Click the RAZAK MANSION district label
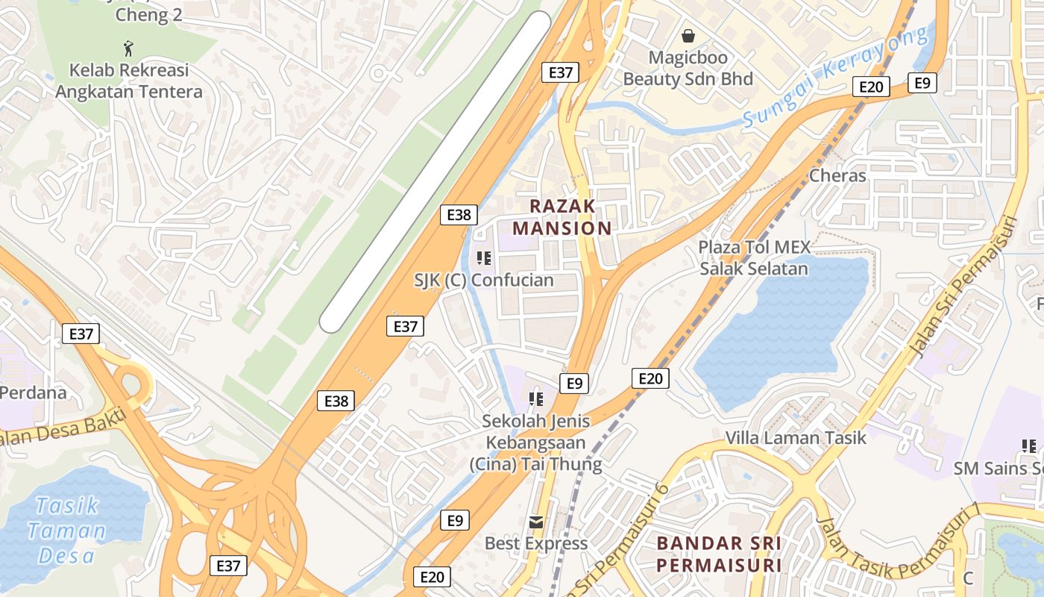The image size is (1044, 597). [x=563, y=216]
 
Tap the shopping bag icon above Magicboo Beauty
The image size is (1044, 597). [x=688, y=35]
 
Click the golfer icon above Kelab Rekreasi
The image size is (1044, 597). [x=129, y=49]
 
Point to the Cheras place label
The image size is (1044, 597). [x=837, y=176]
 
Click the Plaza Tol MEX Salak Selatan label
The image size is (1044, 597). [x=754, y=257]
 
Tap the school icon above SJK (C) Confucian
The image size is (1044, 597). [x=483, y=258]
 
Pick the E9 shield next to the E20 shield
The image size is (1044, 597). [x=922, y=83]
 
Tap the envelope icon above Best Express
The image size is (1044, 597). [x=535, y=522]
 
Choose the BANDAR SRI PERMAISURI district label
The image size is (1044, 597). [x=719, y=554]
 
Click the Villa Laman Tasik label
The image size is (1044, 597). [x=796, y=438]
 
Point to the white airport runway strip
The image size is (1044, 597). [x=436, y=172]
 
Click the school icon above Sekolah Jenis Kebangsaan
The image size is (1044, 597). [x=535, y=399]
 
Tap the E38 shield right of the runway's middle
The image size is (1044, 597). [x=458, y=215]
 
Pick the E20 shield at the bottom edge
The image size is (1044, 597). [x=432, y=577]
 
